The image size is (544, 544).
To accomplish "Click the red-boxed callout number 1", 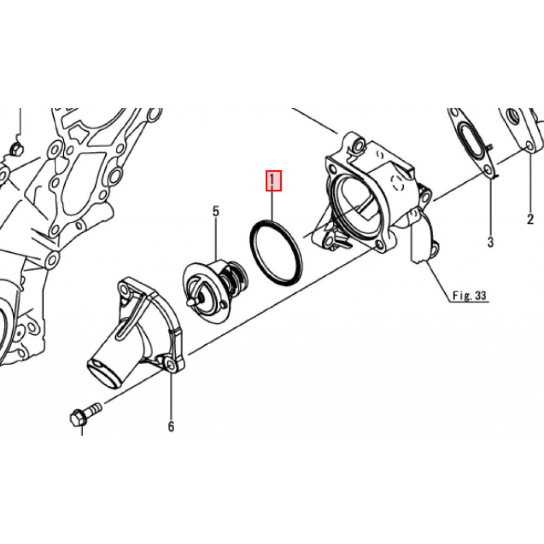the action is click(x=274, y=181).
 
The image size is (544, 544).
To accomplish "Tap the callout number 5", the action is click(x=216, y=211).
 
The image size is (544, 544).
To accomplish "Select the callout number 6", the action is click(x=171, y=427).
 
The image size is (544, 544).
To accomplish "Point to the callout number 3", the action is click(x=490, y=242).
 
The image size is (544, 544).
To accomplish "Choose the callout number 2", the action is click(x=530, y=219).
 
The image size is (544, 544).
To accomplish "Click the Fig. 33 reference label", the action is click(x=470, y=295).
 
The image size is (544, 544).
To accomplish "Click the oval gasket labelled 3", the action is click(x=472, y=144).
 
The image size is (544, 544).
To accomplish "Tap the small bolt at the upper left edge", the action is click(x=15, y=149).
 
